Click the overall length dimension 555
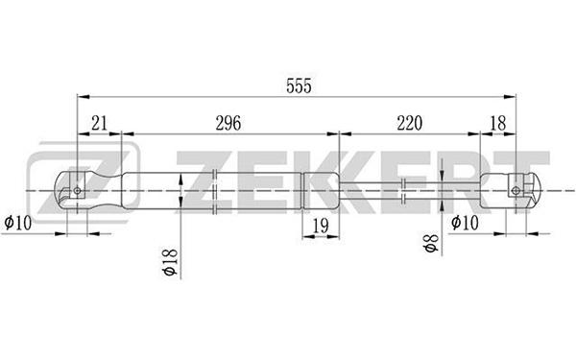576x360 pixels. point(299,86)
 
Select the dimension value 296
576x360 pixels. point(228,123)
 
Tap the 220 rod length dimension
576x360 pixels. point(409,123)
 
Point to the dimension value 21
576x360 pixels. point(99,123)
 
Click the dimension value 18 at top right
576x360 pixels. point(497,123)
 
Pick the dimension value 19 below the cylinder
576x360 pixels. point(321,226)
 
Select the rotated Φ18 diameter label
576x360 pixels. point(171,262)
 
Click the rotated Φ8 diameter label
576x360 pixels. point(431,243)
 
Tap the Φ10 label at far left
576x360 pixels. point(17,223)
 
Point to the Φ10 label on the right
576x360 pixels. point(465,223)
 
